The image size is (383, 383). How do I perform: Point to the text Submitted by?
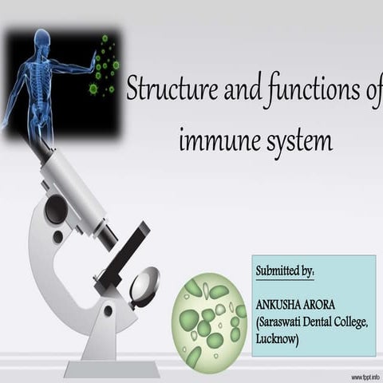tap(285, 272)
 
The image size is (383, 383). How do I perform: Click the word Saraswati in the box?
tap(286, 322)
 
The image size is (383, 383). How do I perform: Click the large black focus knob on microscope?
tap(55, 210)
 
